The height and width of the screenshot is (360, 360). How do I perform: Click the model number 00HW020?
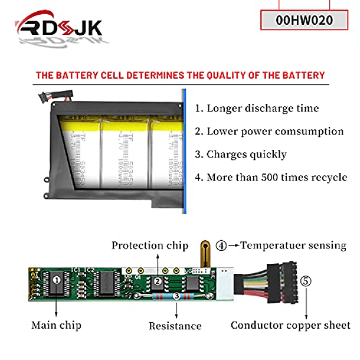[x=304, y=20]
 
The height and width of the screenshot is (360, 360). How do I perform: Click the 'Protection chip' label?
[x=150, y=246]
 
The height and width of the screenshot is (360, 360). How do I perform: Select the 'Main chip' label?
[x=56, y=325]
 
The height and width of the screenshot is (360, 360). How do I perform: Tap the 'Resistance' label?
[x=175, y=326]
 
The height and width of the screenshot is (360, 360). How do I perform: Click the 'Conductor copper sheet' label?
[x=290, y=325]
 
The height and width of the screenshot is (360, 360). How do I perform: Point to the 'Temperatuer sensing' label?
[x=293, y=246]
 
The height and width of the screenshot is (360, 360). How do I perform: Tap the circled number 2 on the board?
[x=158, y=282]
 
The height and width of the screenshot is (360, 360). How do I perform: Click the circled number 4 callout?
[x=221, y=246]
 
